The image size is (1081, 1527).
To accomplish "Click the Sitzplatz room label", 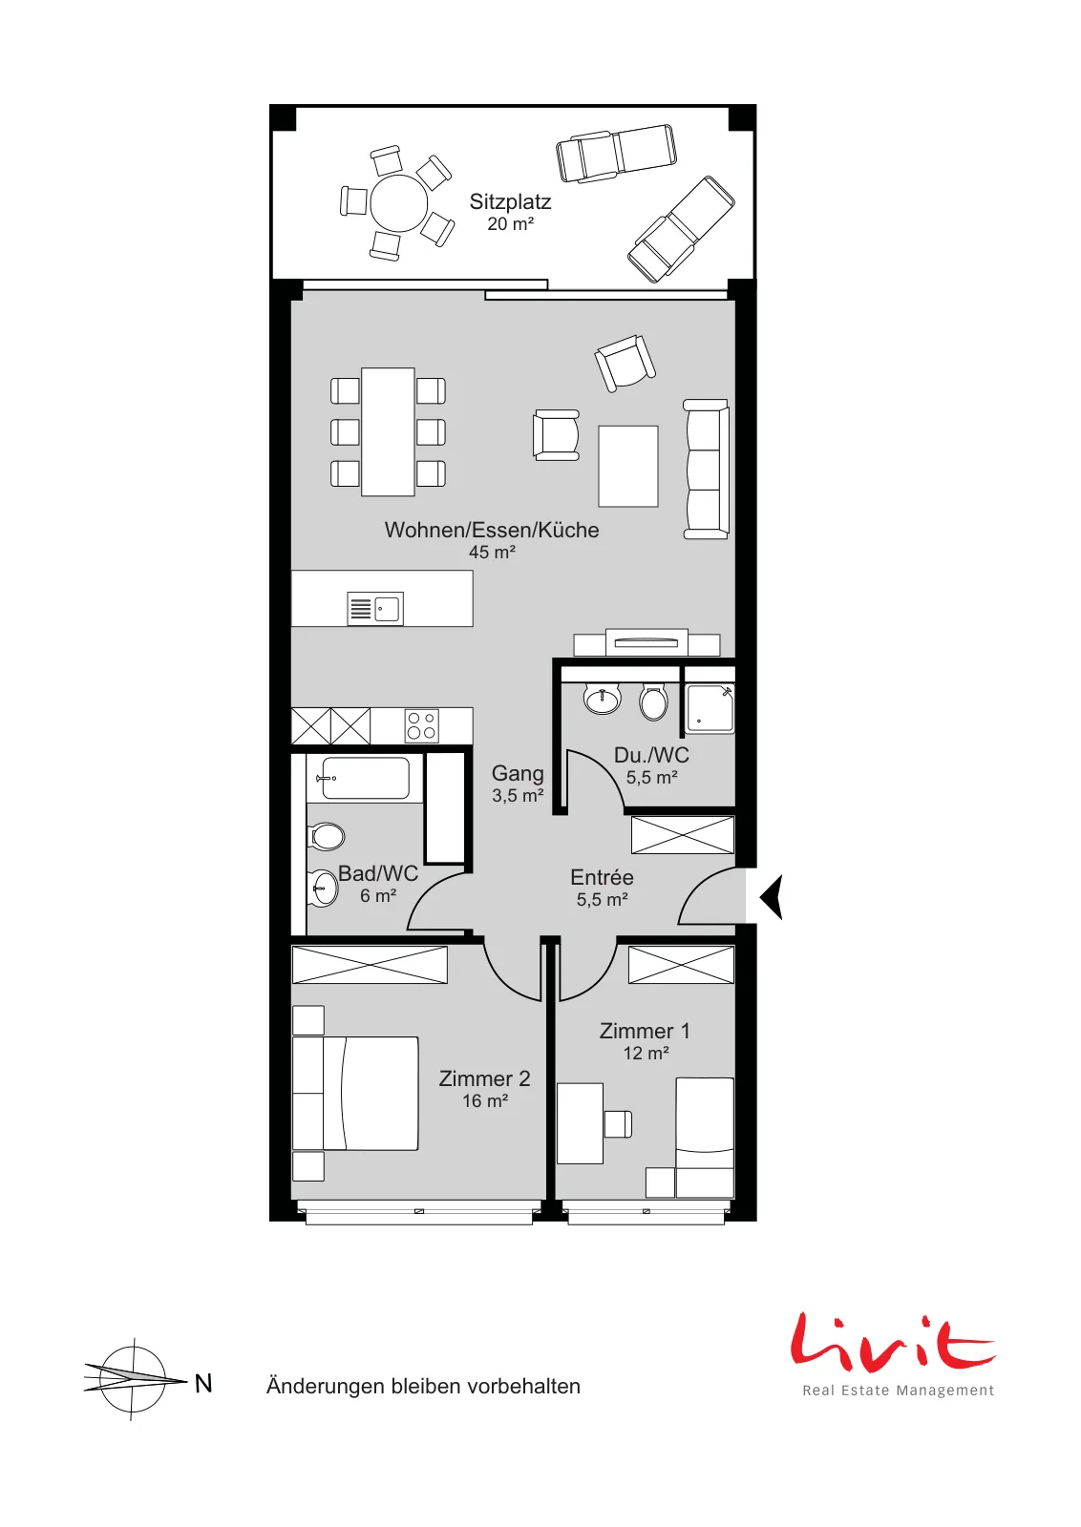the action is pos(510,201).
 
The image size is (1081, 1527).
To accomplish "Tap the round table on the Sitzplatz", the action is pos(398,203).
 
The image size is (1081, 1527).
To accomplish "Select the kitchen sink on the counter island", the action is pos(375,608).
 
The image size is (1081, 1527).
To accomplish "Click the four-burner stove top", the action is pos(421,726).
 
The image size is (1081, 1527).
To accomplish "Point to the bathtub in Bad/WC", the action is pos(365,778).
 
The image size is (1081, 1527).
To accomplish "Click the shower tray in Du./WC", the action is pos(710,708).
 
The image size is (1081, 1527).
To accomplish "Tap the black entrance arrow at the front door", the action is pos(772,896).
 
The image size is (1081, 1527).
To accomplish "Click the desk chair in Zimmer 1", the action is pos(618,1124).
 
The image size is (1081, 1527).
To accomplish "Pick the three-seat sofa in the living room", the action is pos(706,469).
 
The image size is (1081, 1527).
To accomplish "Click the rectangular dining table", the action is pos(388,431).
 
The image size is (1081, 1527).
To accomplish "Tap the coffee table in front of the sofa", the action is pos(628,467).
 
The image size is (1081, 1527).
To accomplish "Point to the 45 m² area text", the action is pos(492,553).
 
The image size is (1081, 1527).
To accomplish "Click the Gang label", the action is pos(518,773).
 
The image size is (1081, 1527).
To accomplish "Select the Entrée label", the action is pos(602,877).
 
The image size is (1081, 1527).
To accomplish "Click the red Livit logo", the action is pos(893,1342).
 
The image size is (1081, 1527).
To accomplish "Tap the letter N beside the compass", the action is pos(203,1383).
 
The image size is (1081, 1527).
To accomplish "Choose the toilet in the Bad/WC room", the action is pos(327,836).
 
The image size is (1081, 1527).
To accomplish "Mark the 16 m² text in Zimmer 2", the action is pos(485,1100).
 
